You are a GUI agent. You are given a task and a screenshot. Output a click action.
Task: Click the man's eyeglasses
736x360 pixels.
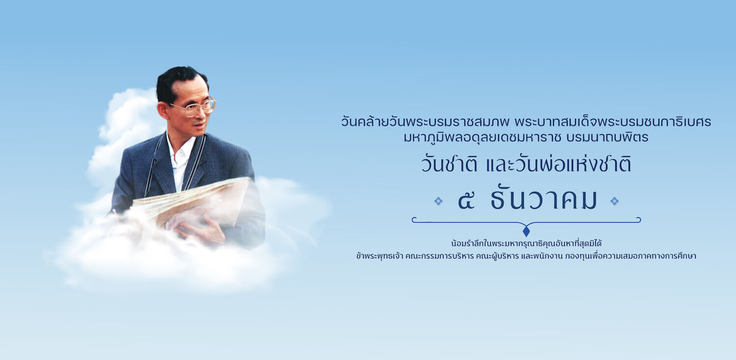coord(194,107)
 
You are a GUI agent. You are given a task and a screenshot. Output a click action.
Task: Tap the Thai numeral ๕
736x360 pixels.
coord(466,201)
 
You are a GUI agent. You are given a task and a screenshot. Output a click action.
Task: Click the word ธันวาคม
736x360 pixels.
coord(544,198)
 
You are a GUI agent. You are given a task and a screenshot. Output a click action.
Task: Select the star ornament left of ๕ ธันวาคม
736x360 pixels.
coord(438,201)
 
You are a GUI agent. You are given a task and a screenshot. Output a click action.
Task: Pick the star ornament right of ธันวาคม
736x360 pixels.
coord(614,201)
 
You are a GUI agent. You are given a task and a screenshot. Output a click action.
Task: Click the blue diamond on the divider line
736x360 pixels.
coord(526,231)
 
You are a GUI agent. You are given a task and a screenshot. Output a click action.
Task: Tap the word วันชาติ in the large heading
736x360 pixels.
coord(449,165)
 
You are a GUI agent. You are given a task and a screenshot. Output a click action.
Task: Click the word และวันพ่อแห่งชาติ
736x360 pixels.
coord(558,164)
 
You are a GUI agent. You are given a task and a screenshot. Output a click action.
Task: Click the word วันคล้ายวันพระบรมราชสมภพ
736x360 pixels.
coord(425,122)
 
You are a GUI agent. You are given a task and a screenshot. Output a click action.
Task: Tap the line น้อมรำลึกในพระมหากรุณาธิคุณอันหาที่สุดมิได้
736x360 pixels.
coord(526,243)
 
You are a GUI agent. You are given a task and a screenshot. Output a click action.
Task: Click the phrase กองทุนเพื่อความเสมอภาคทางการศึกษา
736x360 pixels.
coord(631,256)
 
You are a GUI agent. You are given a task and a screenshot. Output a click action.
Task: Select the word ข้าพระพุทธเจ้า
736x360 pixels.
coord(379,256)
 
